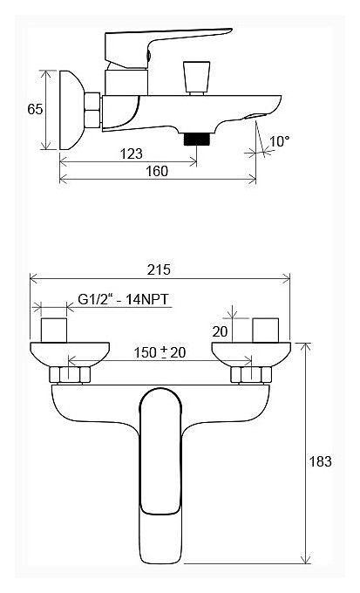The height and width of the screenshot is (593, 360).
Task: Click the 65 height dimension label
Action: [35, 109]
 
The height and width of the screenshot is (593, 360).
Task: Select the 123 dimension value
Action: [132, 154]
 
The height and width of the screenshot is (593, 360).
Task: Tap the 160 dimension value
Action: [157, 171]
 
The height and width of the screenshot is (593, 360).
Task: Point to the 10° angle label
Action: [280, 141]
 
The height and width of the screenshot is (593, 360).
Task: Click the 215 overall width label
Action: [159, 269]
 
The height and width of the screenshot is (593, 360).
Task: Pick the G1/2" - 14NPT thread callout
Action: [123, 299]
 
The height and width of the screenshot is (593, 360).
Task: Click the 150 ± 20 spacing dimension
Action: [160, 352]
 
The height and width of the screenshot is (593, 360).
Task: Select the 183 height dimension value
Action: [321, 461]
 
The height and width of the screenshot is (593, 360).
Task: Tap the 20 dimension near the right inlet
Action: [220, 331]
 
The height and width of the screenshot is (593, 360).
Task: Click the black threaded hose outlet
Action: [197, 139]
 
